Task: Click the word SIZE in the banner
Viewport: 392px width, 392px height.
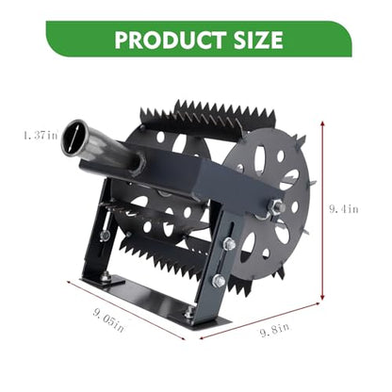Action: (258, 40)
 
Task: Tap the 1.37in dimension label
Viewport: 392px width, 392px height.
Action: (41, 135)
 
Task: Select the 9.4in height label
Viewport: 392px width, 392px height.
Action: (344, 209)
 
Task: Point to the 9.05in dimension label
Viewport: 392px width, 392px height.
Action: (108, 320)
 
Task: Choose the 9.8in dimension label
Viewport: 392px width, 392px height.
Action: (275, 330)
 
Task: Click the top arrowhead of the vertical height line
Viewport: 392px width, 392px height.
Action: (322, 123)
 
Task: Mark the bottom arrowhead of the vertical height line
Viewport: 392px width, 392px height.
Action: (322, 297)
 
